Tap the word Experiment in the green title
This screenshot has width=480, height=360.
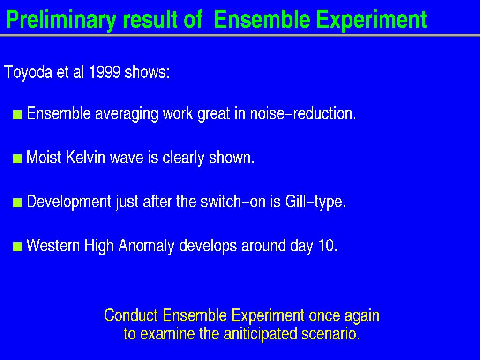[x=371, y=20]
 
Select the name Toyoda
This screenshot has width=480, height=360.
[x=29, y=73]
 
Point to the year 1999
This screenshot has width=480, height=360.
[x=105, y=72]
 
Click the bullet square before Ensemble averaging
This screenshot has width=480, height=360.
[x=18, y=115]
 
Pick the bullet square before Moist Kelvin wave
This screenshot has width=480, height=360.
[x=18, y=159]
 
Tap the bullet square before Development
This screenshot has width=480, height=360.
[x=18, y=202]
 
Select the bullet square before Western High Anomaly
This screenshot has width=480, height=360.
[x=18, y=247]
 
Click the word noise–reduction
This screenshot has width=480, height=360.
[x=303, y=113]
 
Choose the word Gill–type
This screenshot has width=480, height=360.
[x=315, y=202]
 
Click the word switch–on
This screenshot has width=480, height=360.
[x=240, y=202]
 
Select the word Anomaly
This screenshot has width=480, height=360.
[x=146, y=246]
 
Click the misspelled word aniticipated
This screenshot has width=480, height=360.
[x=260, y=333]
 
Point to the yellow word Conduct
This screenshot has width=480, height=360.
[x=131, y=315]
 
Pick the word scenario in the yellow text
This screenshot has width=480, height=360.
[x=330, y=334]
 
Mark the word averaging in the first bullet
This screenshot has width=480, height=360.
[x=127, y=114]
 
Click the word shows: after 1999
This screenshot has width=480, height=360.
[x=147, y=72]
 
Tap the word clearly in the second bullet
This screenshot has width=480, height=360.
[x=183, y=158]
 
